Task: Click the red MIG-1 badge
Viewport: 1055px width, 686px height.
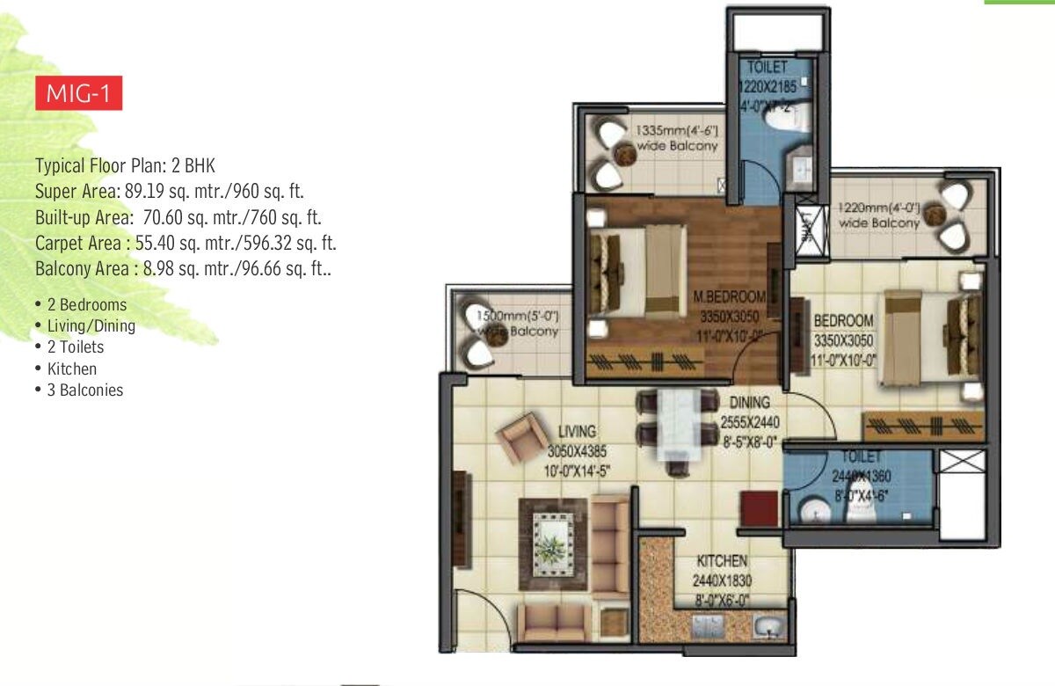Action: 78,94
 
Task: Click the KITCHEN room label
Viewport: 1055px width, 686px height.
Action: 722,561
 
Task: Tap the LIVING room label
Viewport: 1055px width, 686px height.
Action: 578,431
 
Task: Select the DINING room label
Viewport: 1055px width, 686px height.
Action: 748,403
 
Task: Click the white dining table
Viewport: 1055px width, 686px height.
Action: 675,424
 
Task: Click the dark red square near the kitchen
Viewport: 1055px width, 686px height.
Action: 759,510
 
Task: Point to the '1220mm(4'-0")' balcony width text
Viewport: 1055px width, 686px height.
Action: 878,208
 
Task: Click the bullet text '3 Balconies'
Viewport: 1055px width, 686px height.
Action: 85,390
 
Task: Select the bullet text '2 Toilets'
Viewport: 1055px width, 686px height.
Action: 76,347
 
